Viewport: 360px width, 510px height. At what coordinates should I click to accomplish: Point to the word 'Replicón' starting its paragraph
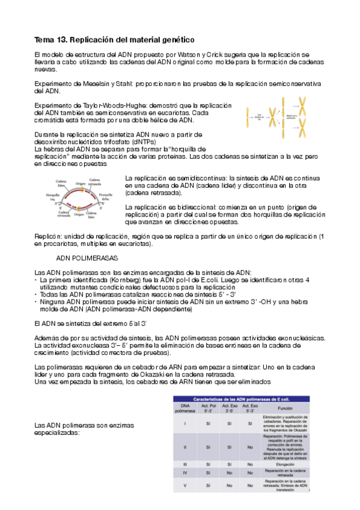tap(48, 236)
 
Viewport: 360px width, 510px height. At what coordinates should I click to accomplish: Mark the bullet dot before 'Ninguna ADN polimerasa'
tap(37, 303)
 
